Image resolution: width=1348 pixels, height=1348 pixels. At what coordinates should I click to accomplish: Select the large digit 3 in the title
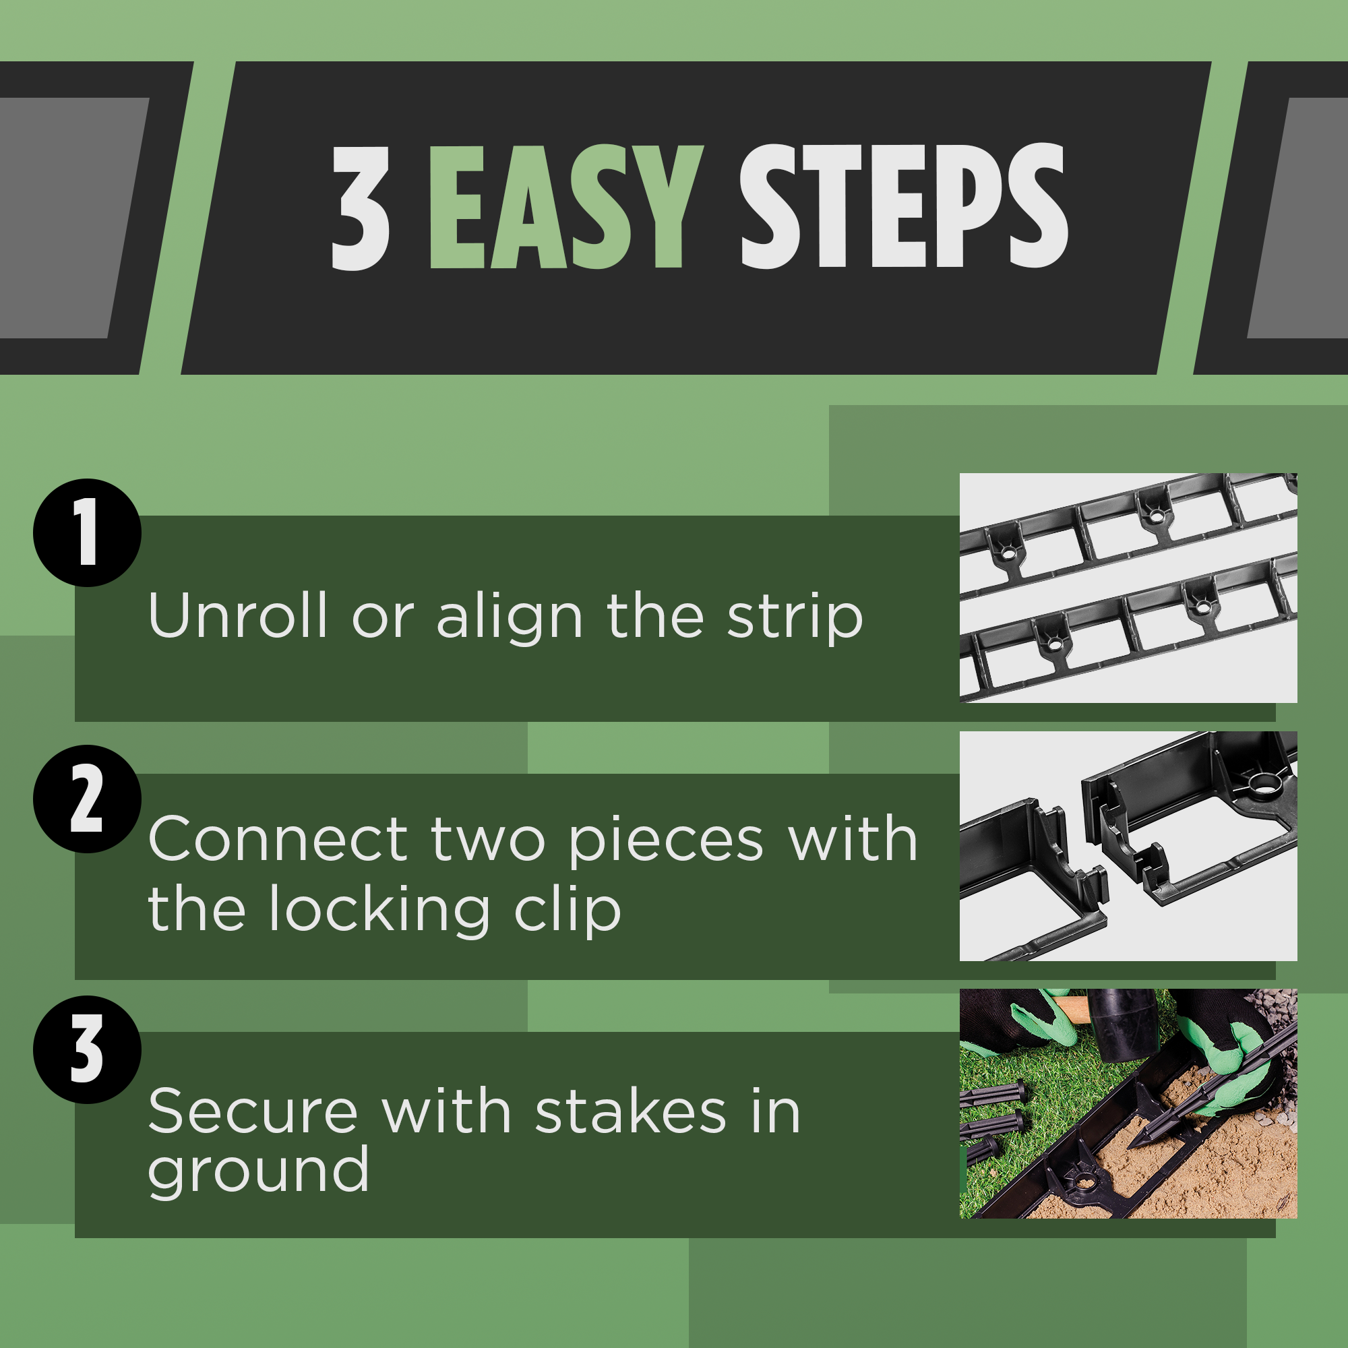(x=360, y=208)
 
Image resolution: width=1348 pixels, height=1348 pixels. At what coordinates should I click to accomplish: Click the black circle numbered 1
(x=87, y=532)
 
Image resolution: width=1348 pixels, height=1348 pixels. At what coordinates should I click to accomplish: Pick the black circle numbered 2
(x=87, y=799)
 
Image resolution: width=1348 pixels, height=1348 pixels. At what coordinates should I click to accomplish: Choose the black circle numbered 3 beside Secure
(x=87, y=1049)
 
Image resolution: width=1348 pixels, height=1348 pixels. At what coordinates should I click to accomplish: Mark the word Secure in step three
(x=253, y=1112)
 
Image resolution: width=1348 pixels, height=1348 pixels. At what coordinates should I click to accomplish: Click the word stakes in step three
(x=631, y=1112)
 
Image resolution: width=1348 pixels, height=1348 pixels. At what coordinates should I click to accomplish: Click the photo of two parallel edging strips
(x=1128, y=588)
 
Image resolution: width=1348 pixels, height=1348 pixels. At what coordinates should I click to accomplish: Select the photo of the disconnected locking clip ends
(x=1128, y=846)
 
